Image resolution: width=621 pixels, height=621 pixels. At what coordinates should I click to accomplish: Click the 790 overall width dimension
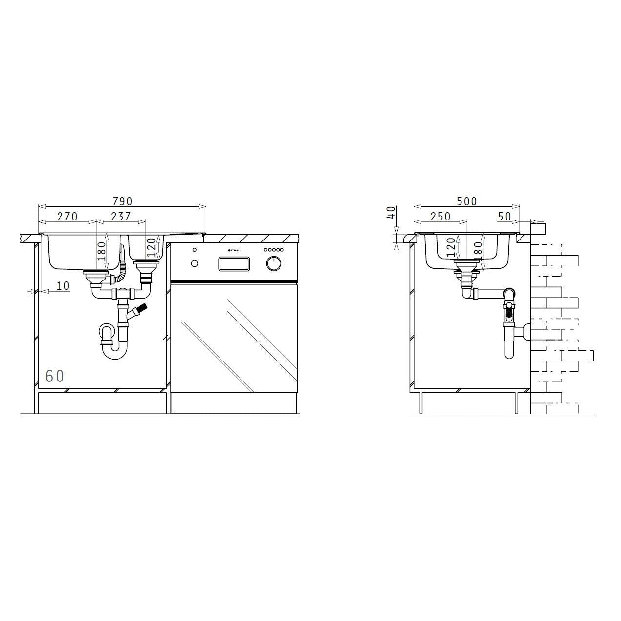(x=122, y=201)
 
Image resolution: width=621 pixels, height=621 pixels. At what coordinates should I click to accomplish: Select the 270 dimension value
(x=67, y=216)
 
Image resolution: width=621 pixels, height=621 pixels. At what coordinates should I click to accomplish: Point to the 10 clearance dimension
(x=63, y=286)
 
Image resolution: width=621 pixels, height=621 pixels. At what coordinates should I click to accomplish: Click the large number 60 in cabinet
(x=55, y=376)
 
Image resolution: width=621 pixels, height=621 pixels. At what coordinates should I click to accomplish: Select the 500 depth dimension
(x=466, y=201)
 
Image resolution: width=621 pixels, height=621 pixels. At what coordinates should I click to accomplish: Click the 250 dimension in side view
(x=440, y=216)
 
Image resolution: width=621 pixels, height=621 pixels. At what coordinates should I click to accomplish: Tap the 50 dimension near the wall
(x=504, y=216)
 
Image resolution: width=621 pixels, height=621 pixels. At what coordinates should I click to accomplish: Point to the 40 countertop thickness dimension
(x=390, y=213)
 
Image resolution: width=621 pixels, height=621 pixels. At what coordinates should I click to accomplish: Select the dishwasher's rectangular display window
(x=235, y=263)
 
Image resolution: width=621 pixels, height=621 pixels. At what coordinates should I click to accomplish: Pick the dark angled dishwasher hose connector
(x=141, y=309)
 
